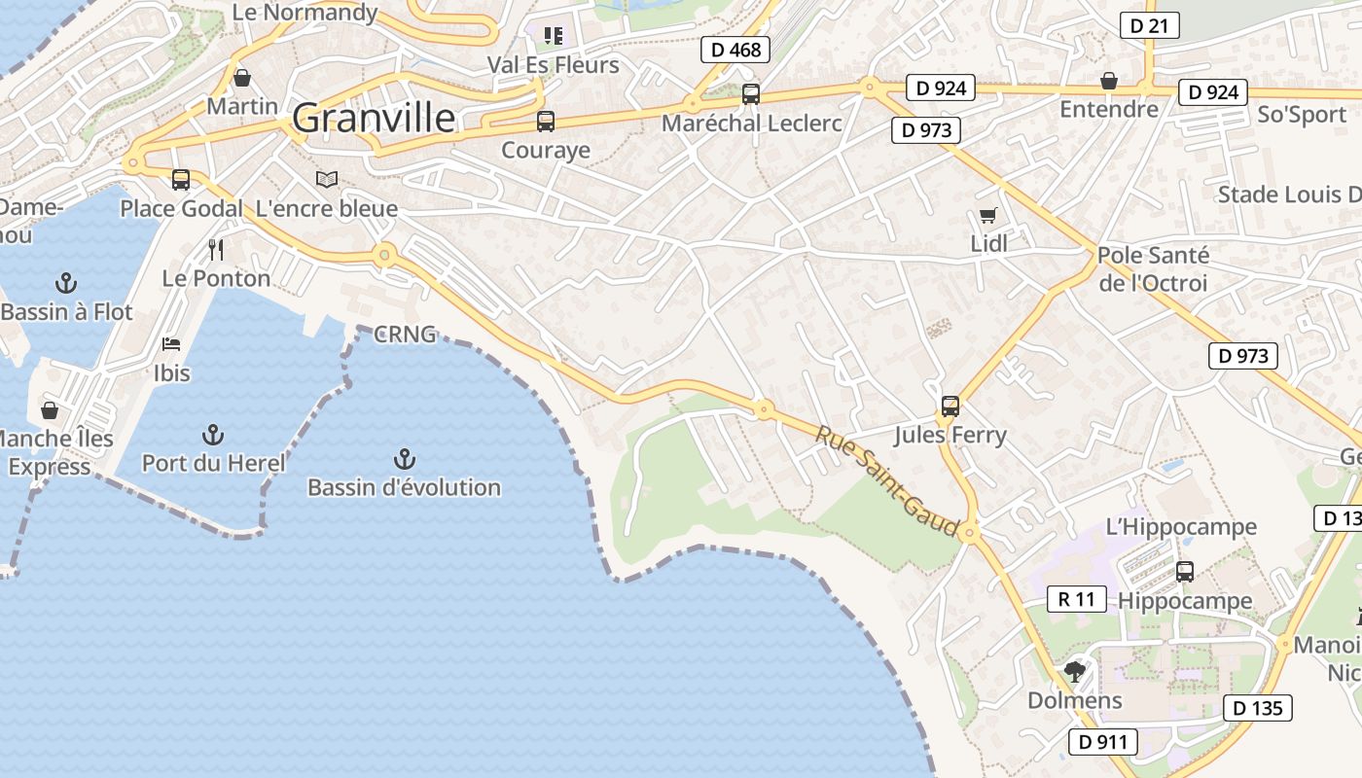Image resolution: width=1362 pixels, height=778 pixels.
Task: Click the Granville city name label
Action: pos(374,119)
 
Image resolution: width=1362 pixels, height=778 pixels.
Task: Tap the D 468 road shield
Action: pos(735,50)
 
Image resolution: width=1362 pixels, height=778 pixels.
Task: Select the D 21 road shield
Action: pos(1149,25)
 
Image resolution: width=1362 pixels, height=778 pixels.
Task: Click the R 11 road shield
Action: pos(1076,599)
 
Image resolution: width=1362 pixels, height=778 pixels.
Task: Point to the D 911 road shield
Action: pos(1103,742)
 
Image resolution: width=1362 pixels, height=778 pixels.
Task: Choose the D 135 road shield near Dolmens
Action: pos(1258,708)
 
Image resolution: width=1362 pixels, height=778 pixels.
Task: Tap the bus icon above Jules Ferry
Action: pos(950,406)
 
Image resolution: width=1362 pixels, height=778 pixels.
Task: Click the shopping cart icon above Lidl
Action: pos(988,215)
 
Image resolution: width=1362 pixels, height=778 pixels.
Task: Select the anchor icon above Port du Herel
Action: pos(213,434)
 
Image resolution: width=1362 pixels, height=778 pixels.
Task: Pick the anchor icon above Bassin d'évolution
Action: pos(404,458)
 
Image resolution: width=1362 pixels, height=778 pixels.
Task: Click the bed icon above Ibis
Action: pos(171,344)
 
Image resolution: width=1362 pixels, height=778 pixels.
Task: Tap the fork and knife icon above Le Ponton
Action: pos(216,250)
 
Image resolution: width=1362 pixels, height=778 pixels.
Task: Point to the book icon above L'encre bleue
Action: pos(327,180)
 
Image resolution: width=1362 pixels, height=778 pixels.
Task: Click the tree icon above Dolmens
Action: pos(1074,671)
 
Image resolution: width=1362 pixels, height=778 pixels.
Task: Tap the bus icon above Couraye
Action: pos(546,122)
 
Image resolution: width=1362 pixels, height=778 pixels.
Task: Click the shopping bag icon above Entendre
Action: pos(1108,81)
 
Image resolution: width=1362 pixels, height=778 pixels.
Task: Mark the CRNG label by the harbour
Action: pos(405,335)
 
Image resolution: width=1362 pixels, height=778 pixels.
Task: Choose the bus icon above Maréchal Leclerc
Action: pos(751,94)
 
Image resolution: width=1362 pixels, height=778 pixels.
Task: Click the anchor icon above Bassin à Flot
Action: pos(66,283)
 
